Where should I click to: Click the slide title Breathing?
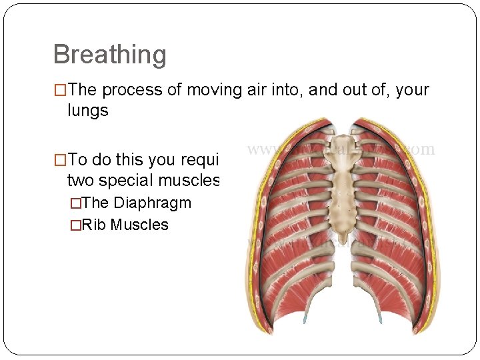pyautogui.click(x=109, y=55)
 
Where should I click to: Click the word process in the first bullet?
pyautogui.click(x=128, y=90)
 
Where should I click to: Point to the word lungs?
pyautogui.click(x=87, y=111)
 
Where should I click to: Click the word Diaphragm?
pyautogui.click(x=153, y=203)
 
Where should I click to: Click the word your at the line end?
pyautogui.click(x=412, y=90)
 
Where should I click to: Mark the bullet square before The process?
pyautogui.click(x=59, y=90)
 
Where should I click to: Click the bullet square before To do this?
pyautogui.click(x=59, y=160)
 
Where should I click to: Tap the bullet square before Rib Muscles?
pyautogui.click(x=84, y=225)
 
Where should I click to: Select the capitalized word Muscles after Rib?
pyautogui.click(x=139, y=225)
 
